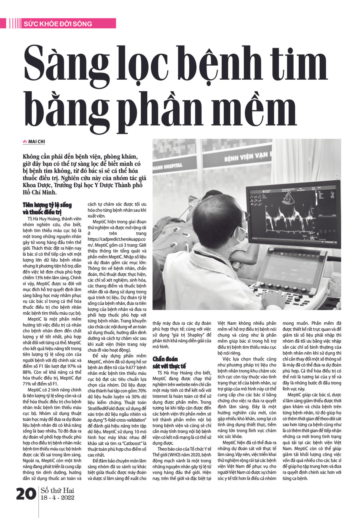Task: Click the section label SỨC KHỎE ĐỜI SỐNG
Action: [58, 24]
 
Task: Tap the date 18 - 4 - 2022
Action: [58, 498]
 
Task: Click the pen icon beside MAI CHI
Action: [25, 142]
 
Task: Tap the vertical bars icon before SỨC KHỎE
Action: [15, 24]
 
